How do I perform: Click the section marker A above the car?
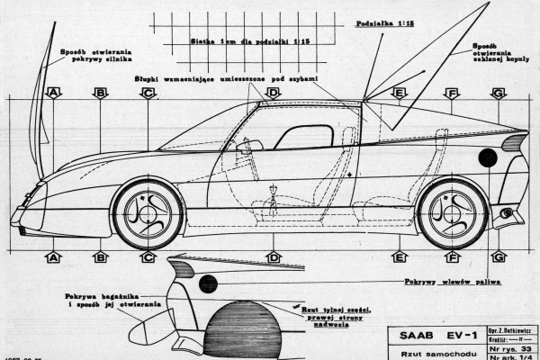click(x=53, y=92)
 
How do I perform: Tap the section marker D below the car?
click(x=273, y=256)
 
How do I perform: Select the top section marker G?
click(x=499, y=92)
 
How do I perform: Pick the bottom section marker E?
click(x=400, y=256)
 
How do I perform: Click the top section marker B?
click(x=101, y=92)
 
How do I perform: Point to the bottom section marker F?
click(x=452, y=256)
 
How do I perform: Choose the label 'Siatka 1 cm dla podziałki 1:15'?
click(x=249, y=41)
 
